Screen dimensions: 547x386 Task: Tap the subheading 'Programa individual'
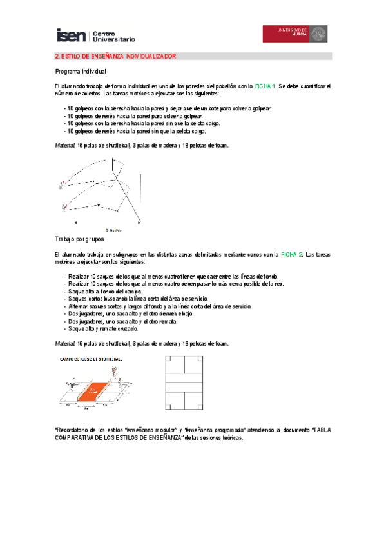point(81,71)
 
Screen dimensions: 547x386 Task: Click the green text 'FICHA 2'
point(291,255)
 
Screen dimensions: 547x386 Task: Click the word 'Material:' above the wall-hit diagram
point(64,145)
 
